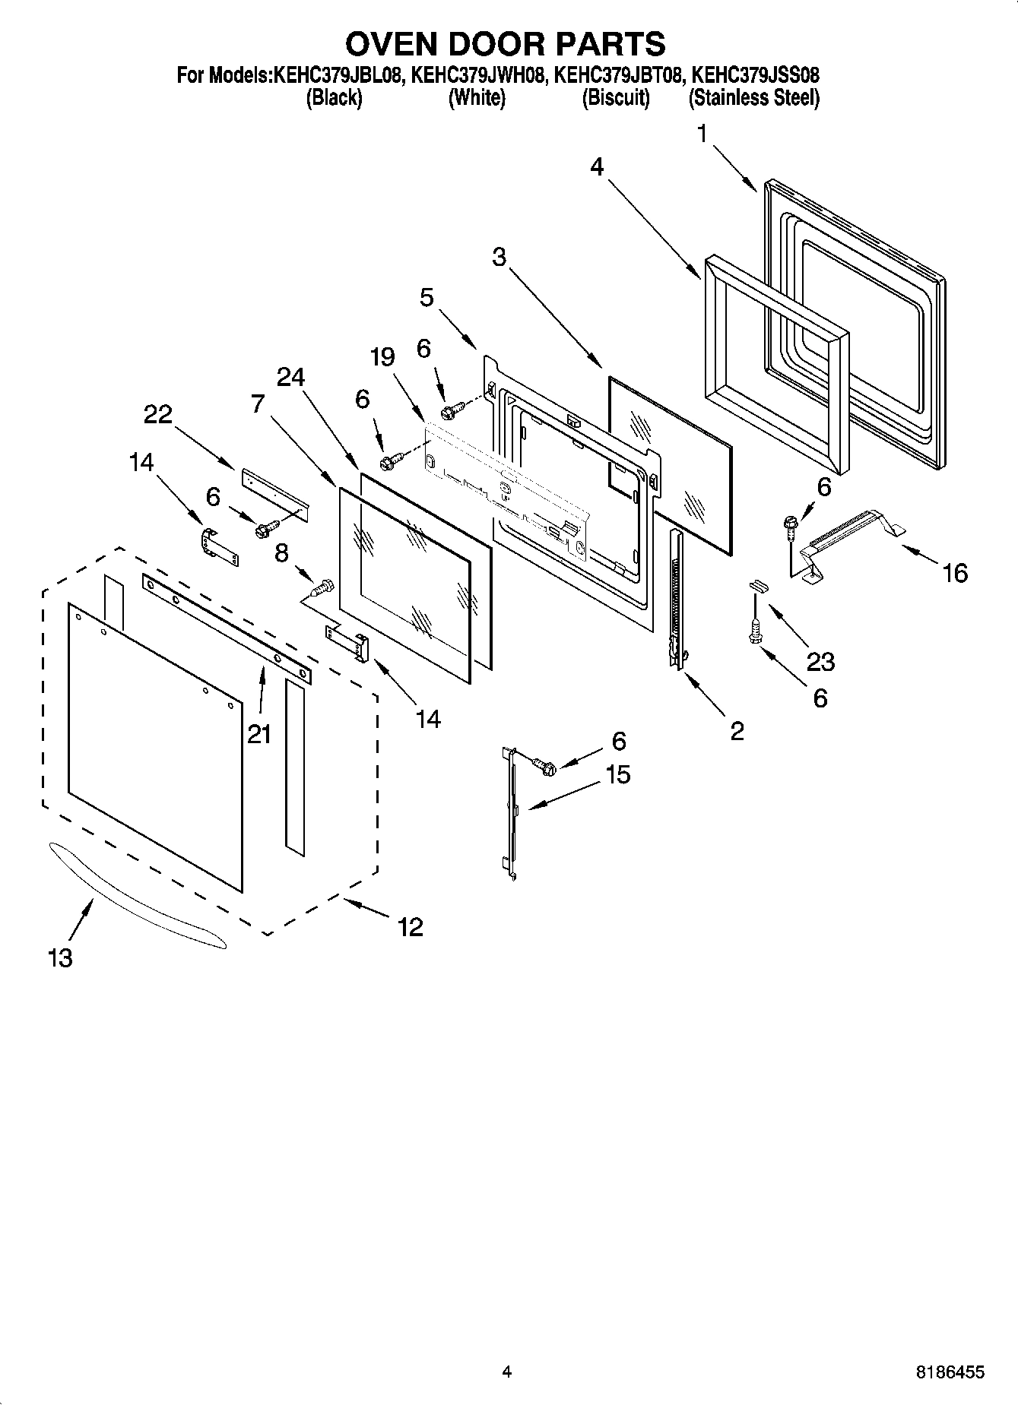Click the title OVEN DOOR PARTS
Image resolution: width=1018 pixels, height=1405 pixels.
(x=506, y=44)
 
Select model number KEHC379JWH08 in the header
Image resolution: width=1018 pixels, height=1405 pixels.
(x=477, y=75)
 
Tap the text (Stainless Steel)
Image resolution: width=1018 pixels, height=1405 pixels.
(x=753, y=99)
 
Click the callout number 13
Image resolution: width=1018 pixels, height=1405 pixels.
(x=60, y=958)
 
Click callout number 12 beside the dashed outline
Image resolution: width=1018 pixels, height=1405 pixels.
(x=411, y=927)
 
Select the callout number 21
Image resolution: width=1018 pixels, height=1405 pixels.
(x=258, y=734)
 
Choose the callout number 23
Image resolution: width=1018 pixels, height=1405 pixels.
(x=820, y=662)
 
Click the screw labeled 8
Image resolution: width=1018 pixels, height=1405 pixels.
(x=322, y=587)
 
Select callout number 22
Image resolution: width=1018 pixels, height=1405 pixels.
(x=158, y=415)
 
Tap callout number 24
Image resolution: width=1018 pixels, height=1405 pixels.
(x=290, y=377)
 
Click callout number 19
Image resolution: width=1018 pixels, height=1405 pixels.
(x=383, y=356)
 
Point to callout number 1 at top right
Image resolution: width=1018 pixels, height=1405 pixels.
(x=702, y=134)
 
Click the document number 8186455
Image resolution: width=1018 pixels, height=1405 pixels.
(x=950, y=1372)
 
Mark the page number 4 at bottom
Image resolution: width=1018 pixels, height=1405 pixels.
(x=506, y=1372)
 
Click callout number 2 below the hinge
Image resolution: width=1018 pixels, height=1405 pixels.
(x=737, y=731)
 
